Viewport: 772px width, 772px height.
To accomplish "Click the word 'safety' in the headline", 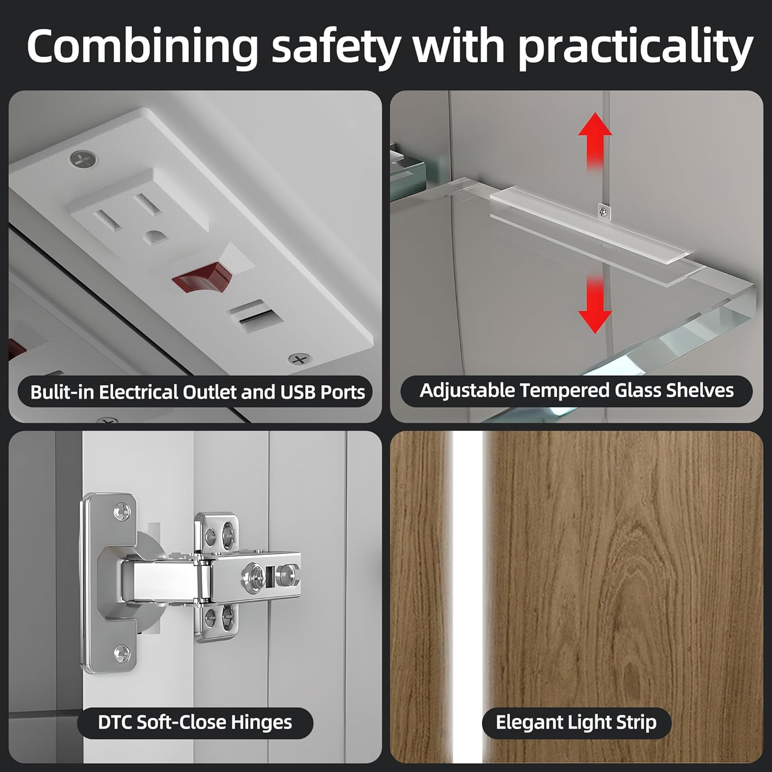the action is (x=336, y=47).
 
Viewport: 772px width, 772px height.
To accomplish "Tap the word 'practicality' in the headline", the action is (x=635, y=47).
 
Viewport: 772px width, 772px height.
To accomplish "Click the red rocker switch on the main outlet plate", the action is (x=202, y=278).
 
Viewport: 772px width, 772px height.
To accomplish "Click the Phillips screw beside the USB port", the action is (x=300, y=359).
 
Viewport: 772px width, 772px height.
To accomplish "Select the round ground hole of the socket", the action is (x=153, y=237).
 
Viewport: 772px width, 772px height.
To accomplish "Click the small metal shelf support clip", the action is (x=603, y=211).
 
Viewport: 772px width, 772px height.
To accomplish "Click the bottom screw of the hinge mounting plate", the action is (x=121, y=653).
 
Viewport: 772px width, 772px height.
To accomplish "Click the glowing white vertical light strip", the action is (x=468, y=597).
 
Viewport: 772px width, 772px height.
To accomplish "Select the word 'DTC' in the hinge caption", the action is (x=115, y=722).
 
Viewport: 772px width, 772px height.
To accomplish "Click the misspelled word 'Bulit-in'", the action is (x=63, y=392).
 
